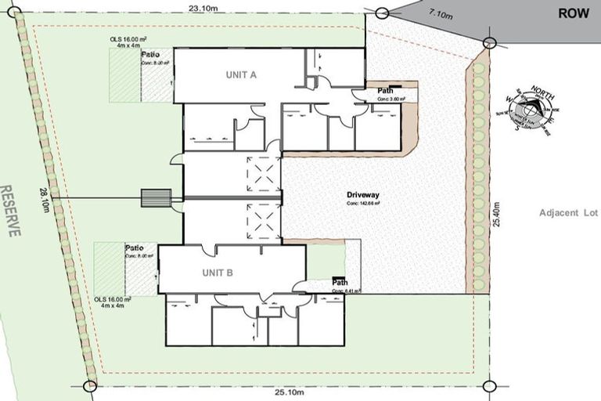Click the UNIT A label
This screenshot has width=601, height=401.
click(242, 74)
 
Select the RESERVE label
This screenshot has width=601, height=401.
click(11, 211)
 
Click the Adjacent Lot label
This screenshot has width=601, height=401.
click(568, 213)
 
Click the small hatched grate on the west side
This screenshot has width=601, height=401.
click(156, 197)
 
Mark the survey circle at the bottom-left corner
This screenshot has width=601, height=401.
click(90, 385)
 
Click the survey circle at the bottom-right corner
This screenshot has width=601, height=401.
click(489, 385)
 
